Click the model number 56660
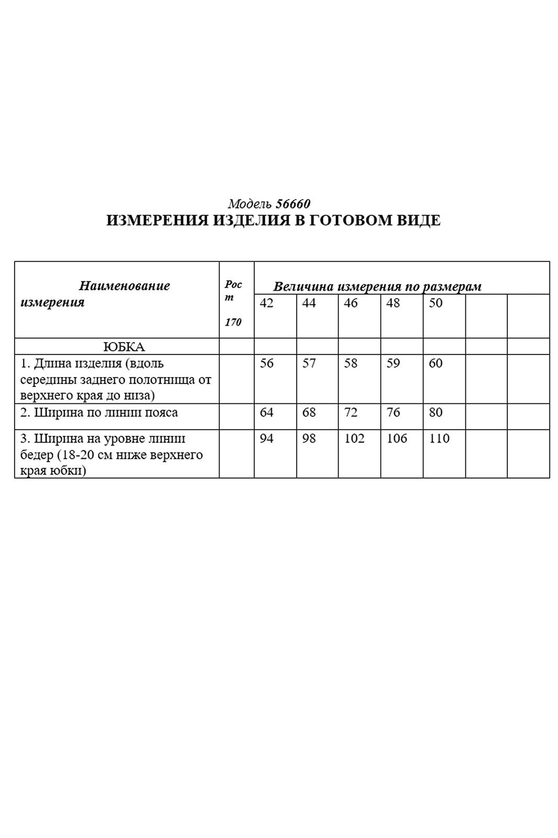(x=293, y=204)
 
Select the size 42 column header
(x=266, y=303)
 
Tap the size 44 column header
(x=309, y=303)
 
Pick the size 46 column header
(x=351, y=303)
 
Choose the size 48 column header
(x=393, y=303)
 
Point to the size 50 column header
(x=436, y=303)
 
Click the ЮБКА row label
(x=124, y=347)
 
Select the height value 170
(x=233, y=322)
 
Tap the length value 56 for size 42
(x=266, y=363)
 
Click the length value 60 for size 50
(x=436, y=363)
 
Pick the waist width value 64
(x=266, y=413)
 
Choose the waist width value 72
(x=351, y=413)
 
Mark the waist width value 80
(x=436, y=413)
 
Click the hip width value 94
(x=266, y=438)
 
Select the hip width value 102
(x=354, y=438)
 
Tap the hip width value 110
(x=439, y=438)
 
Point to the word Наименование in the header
(x=125, y=286)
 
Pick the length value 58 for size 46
(x=351, y=363)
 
